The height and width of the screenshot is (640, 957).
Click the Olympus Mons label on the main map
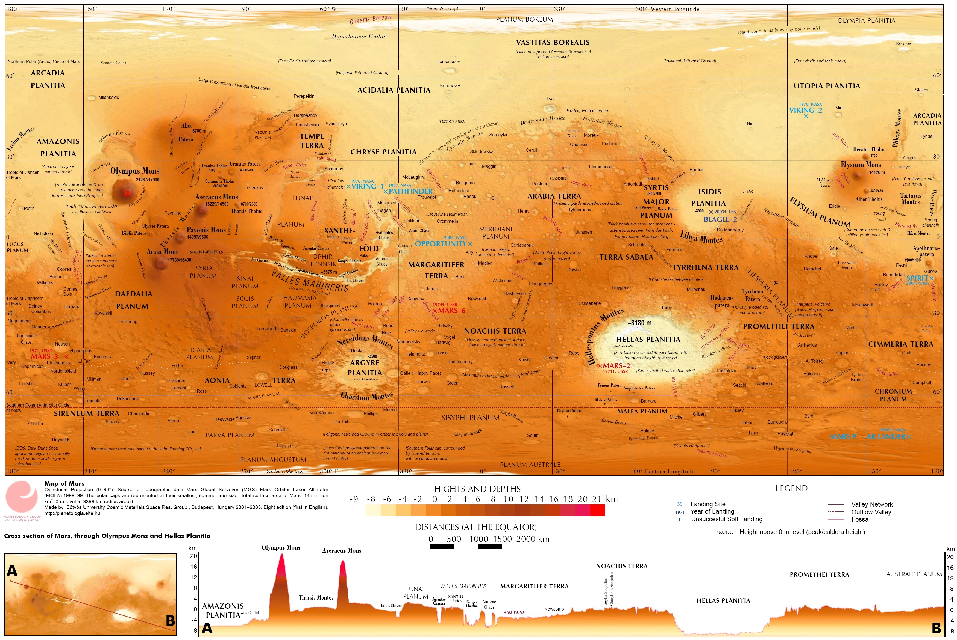point(135,171)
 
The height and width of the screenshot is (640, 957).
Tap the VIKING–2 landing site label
point(805,110)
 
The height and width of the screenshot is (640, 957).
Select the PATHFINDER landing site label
point(410,191)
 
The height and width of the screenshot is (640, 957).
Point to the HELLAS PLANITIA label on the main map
point(648,340)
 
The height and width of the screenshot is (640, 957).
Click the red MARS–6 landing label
point(451,311)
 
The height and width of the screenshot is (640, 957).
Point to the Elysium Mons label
point(861,165)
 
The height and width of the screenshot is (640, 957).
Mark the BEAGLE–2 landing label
point(720,219)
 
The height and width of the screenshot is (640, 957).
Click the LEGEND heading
point(791,489)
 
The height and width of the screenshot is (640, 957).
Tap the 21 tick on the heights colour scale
point(597,499)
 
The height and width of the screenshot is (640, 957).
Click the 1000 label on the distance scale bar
point(478,539)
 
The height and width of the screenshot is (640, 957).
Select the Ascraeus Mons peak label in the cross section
point(342,550)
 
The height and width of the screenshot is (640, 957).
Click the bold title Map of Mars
point(64,483)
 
